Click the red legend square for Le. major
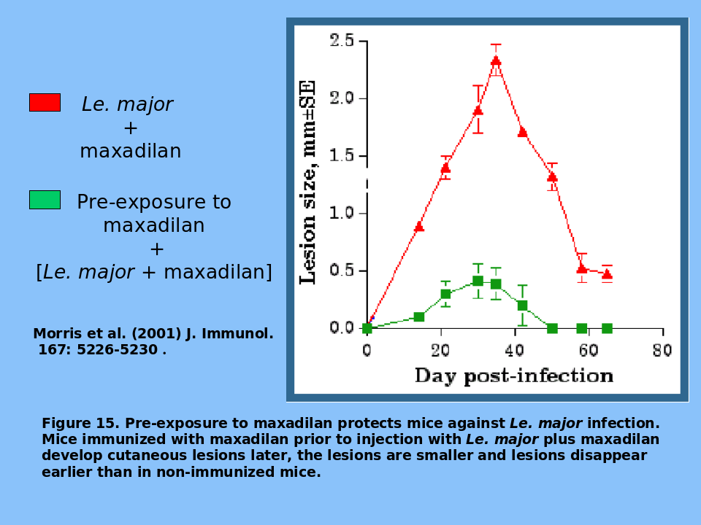45,102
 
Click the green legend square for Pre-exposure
45,200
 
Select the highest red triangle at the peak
496,61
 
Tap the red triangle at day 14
419,227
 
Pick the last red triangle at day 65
607,274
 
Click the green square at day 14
419,316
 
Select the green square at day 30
478,281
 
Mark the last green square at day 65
607,328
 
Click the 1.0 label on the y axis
342,213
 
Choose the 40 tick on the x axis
515,351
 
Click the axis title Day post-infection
513,376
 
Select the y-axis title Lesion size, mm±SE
309,182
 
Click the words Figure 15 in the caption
80,424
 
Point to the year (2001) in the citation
156,334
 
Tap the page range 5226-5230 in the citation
117,350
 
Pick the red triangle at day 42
523,132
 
